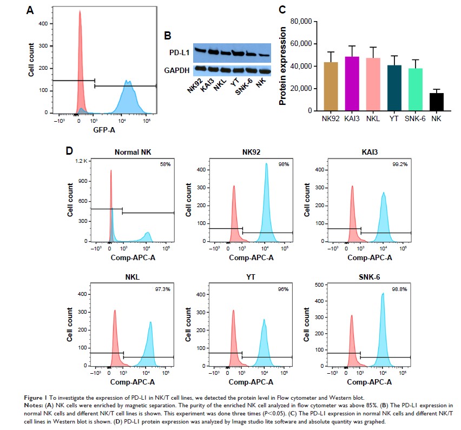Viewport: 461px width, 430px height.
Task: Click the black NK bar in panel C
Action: click(437, 102)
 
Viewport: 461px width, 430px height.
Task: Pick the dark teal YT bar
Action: click(394, 88)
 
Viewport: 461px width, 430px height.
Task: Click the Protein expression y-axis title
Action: click(282, 66)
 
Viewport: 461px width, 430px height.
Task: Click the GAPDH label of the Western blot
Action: click(177, 69)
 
